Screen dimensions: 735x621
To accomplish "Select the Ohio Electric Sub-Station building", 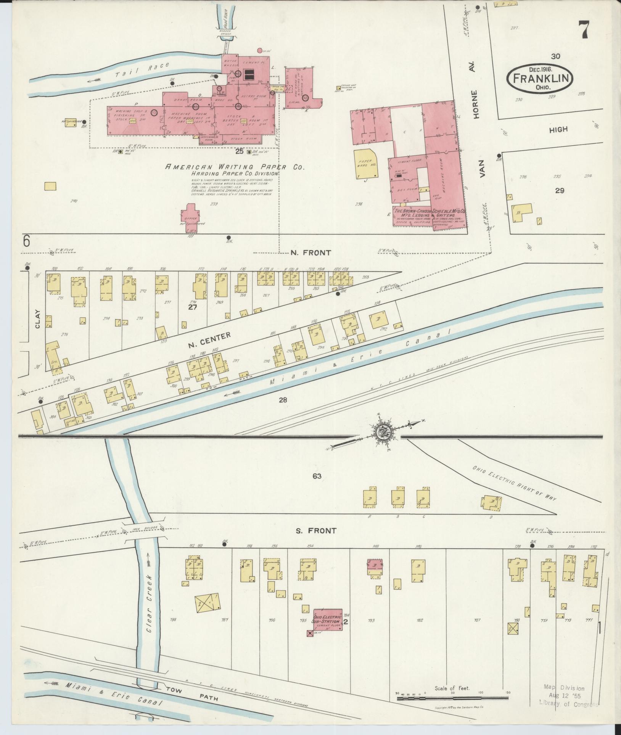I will point(327,619).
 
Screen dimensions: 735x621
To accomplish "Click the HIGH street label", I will point(558,130).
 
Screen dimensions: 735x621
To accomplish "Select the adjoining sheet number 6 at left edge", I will point(26,241).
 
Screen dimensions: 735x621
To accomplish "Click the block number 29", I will point(559,190).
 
